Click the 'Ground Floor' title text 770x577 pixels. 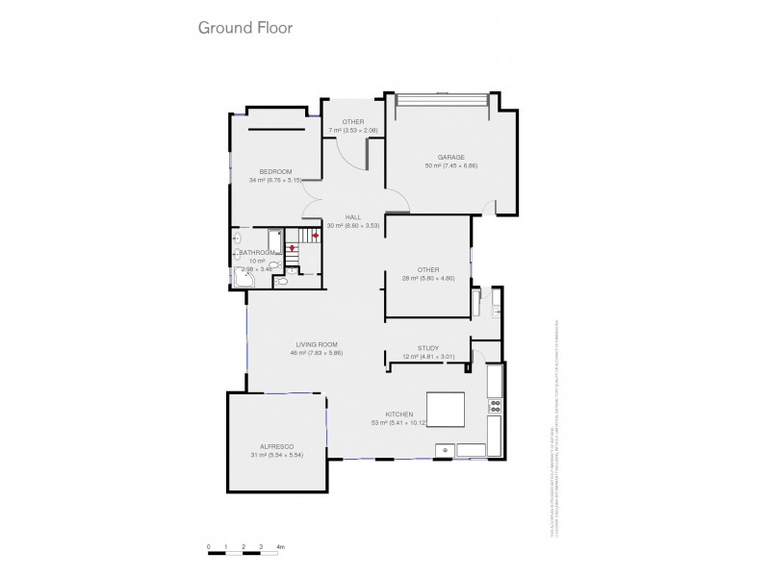pyautogui.click(x=245, y=27)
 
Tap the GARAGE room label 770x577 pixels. pyautogui.click(x=450, y=157)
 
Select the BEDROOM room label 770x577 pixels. pyautogui.click(x=275, y=171)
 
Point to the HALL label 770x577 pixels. pyautogui.click(x=354, y=217)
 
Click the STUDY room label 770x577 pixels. pyautogui.click(x=428, y=348)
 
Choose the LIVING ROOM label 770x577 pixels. pyautogui.click(x=316, y=344)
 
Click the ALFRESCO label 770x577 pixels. pyautogui.click(x=276, y=446)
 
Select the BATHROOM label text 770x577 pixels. pyautogui.click(x=257, y=253)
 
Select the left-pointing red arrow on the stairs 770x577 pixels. pyautogui.click(x=314, y=235)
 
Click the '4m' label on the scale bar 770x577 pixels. pyautogui.click(x=281, y=547)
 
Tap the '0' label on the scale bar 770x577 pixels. pyautogui.click(x=209, y=547)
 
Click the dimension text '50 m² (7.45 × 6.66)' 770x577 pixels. pyautogui.click(x=450, y=165)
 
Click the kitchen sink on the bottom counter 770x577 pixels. pyautogui.click(x=445, y=448)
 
